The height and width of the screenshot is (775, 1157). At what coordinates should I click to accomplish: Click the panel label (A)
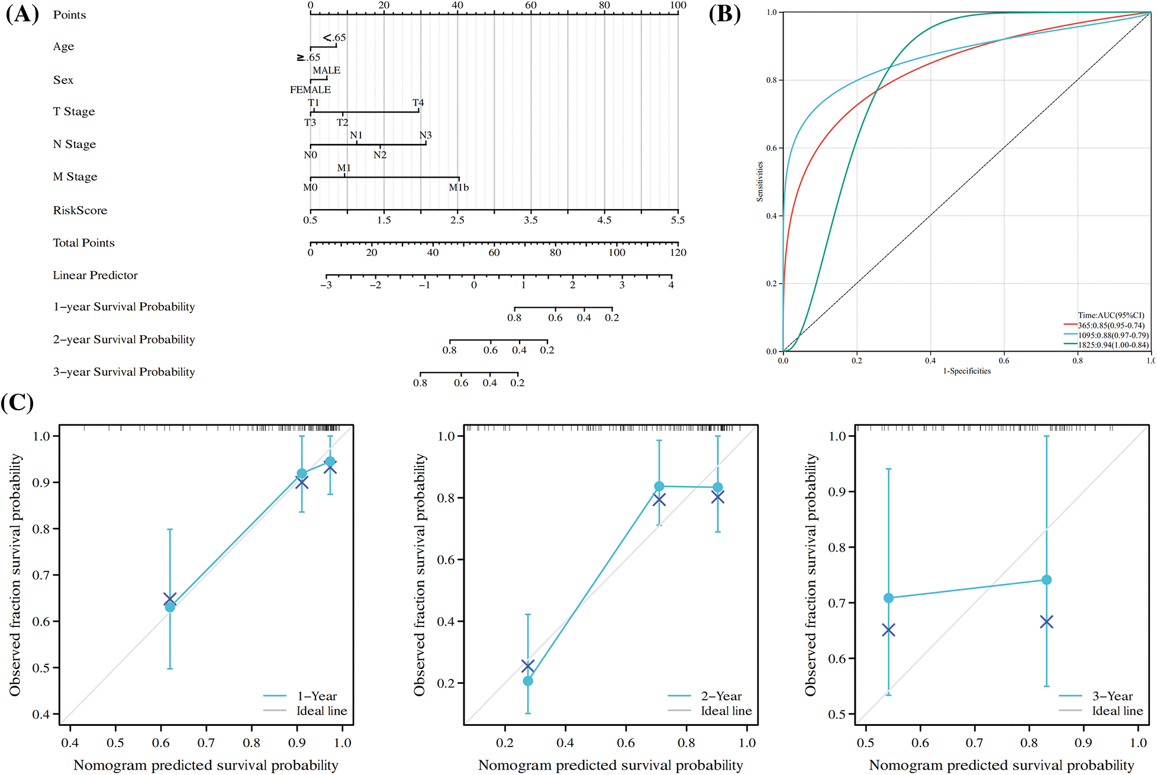pyautogui.click(x=22, y=14)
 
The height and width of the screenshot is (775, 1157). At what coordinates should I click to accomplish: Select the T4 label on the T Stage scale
pyautogui.click(x=418, y=103)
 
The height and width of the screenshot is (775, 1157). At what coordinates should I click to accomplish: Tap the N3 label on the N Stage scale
pyautogui.click(x=425, y=136)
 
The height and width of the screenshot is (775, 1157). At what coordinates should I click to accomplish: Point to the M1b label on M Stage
pyautogui.click(x=458, y=188)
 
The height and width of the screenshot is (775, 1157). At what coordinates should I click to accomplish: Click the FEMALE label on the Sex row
pyautogui.click(x=310, y=90)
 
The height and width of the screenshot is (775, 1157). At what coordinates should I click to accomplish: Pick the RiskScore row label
pyautogui.click(x=80, y=210)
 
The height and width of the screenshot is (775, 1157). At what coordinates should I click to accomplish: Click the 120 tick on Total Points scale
pyautogui.click(x=678, y=253)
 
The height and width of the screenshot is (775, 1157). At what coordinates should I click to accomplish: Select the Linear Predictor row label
pyautogui.click(x=95, y=275)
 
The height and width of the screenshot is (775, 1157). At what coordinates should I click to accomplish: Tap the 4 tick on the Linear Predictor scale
pyautogui.click(x=671, y=285)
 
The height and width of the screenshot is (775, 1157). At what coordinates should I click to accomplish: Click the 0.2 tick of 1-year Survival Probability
pyautogui.click(x=611, y=318)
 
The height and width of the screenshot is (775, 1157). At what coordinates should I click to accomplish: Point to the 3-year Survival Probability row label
pyautogui.click(x=124, y=372)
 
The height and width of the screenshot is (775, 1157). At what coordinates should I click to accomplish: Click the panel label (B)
pyautogui.click(x=724, y=14)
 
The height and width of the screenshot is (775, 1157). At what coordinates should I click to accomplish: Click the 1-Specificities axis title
pyautogui.click(x=966, y=371)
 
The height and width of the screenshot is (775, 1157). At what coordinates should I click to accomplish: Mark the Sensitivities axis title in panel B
pyautogui.click(x=760, y=182)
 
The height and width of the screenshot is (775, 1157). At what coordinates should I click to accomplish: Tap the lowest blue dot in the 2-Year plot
pyautogui.click(x=527, y=681)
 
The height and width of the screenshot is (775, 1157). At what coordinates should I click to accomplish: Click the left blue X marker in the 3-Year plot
pyautogui.click(x=888, y=630)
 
